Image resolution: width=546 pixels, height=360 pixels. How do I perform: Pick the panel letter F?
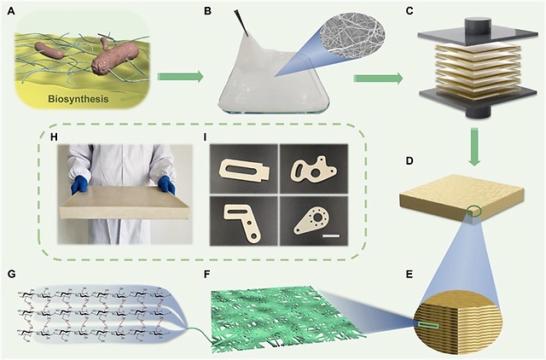pyautogui.click(x=206, y=275)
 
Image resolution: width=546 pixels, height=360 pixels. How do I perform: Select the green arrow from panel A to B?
pyautogui.click(x=186, y=78)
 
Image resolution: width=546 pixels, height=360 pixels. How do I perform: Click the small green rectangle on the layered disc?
pyautogui.click(x=425, y=323)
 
